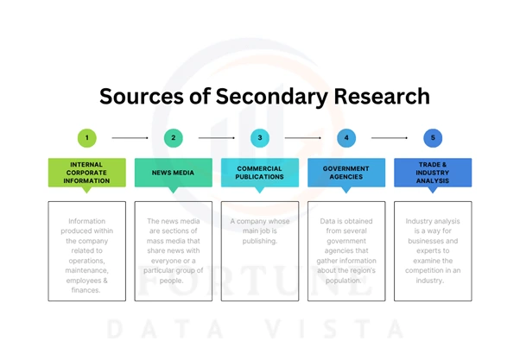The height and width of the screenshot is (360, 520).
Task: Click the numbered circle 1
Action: (x=86, y=137)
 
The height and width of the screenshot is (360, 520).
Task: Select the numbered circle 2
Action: (x=173, y=137)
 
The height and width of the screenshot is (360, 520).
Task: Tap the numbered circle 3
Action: (x=259, y=137)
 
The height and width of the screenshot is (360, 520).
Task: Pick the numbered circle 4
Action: (x=346, y=137)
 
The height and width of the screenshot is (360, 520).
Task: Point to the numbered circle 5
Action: (x=432, y=137)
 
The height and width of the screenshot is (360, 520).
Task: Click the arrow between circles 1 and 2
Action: (x=130, y=137)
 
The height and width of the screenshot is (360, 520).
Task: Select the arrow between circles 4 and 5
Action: (x=389, y=137)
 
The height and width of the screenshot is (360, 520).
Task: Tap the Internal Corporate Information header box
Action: (x=86, y=174)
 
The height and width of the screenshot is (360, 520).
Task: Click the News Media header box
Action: (x=173, y=174)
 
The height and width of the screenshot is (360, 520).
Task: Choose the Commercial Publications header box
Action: (x=259, y=174)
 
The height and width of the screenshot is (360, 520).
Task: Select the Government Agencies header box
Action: (x=346, y=174)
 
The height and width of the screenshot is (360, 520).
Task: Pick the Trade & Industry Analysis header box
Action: (x=432, y=174)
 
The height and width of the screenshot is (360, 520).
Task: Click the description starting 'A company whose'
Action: (x=259, y=231)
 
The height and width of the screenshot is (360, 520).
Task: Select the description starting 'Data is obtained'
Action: (x=346, y=249)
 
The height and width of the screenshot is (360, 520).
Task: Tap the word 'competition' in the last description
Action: (x=432, y=270)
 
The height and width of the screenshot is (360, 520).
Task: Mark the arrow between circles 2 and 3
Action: (x=216, y=137)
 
